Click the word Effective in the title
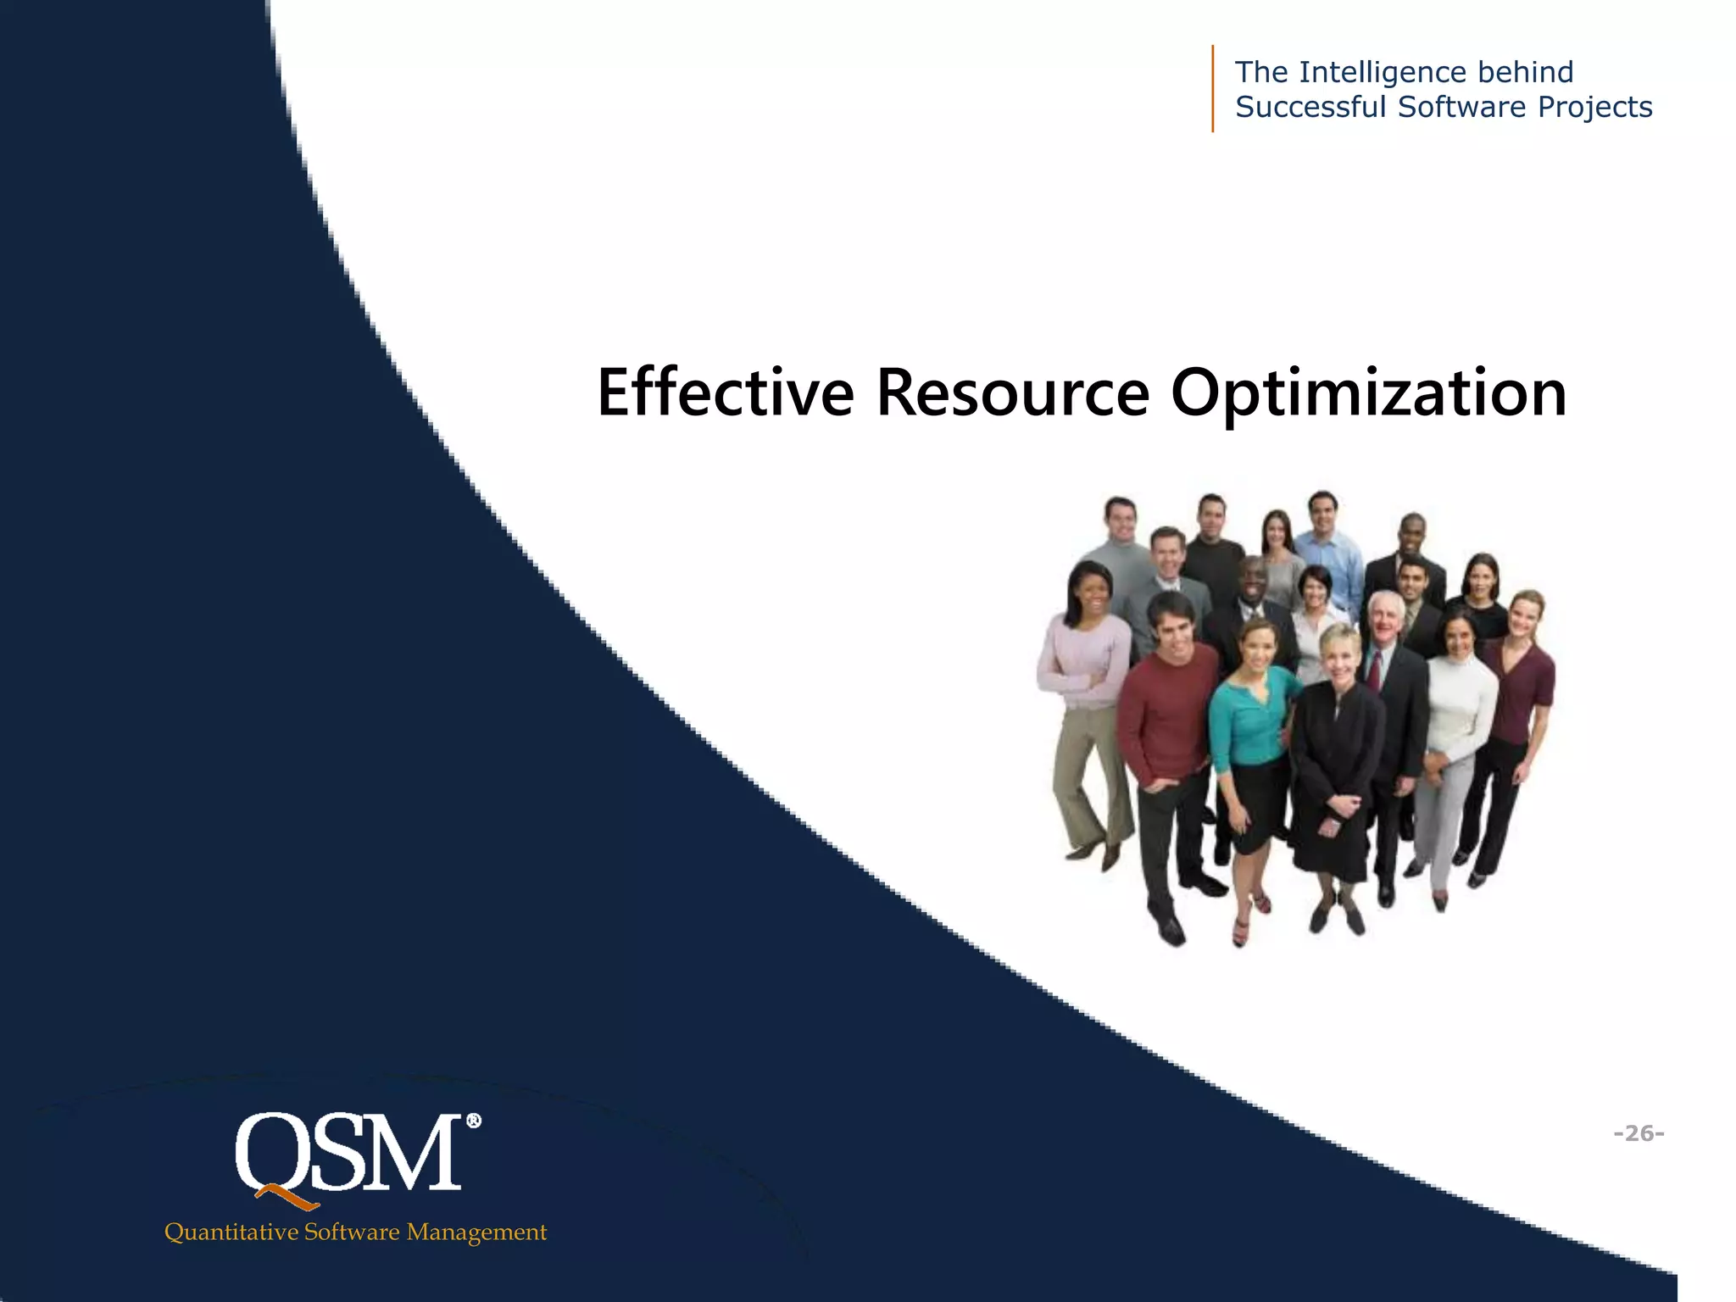pyautogui.click(x=726, y=393)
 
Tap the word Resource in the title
pyautogui.click(x=1012, y=393)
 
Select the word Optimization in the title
pyautogui.click(x=1368, y=393)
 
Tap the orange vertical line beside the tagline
pyautogui.click(x=1213, y=88)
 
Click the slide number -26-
pyautogui.click(x=1639, y=1132)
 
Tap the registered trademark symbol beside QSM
pyautogui.click(x=473, y=1121)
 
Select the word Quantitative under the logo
pyautogui.click(x=231, y=1232)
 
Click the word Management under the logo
pyautogui.click(x=476, y=1232)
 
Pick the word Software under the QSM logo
pyautogui.click(x=352, y=1232)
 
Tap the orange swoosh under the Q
pyautogui.click(x=288, y=1197)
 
